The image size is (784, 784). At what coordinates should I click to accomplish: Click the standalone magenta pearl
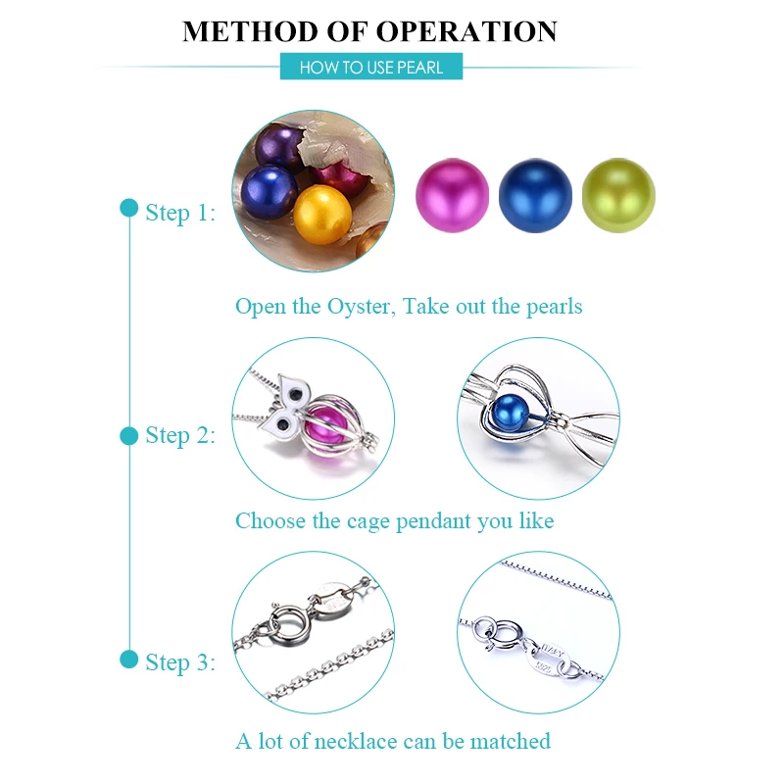coord(453,195)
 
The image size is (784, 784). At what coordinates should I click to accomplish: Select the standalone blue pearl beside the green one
coord(535,195)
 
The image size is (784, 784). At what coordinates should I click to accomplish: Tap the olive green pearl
coord(618,195)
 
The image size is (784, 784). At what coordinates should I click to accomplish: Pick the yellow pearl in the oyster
coord(322,215)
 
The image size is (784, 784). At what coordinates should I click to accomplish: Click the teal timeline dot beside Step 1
coord(129,208)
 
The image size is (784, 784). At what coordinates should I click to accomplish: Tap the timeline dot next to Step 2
coord(129,435)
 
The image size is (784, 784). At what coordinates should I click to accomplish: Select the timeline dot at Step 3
coord(129,659)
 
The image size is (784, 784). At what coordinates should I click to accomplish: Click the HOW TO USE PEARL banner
coord(371,67)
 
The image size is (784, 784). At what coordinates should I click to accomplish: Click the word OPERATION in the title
coord(466,31)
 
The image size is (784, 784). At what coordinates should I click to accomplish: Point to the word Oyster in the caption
coord(361,307)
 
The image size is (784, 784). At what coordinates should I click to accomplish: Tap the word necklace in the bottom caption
coord(355,741)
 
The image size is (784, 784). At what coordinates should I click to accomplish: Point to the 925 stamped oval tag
coord(547,660)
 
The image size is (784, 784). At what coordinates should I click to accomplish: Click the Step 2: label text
coord(180,435)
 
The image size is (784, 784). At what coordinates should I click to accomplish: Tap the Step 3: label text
coord(180,662)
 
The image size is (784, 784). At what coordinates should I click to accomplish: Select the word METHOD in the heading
coord(250,31)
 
